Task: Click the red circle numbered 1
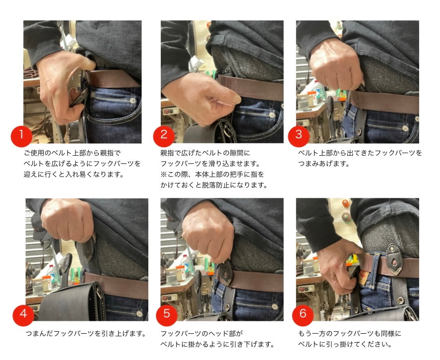(22, 136)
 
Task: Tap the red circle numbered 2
(164, 136)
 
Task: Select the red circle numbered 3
(299, 136)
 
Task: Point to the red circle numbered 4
(24, 315)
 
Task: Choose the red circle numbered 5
(167, 315)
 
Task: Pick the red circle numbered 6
(303, 315)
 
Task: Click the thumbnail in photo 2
(235, 99)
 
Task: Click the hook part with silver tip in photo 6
(394, 259)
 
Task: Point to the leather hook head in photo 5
(225, 273)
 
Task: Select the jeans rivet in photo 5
(275, 306)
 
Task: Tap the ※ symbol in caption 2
(164, 175)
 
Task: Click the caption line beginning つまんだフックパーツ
(86, 334)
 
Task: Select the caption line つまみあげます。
(324, 164)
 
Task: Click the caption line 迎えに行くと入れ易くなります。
(74, 175)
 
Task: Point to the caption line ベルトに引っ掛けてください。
(345, 344)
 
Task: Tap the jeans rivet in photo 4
(139, 313)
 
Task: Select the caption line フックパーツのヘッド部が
(201, 334)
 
